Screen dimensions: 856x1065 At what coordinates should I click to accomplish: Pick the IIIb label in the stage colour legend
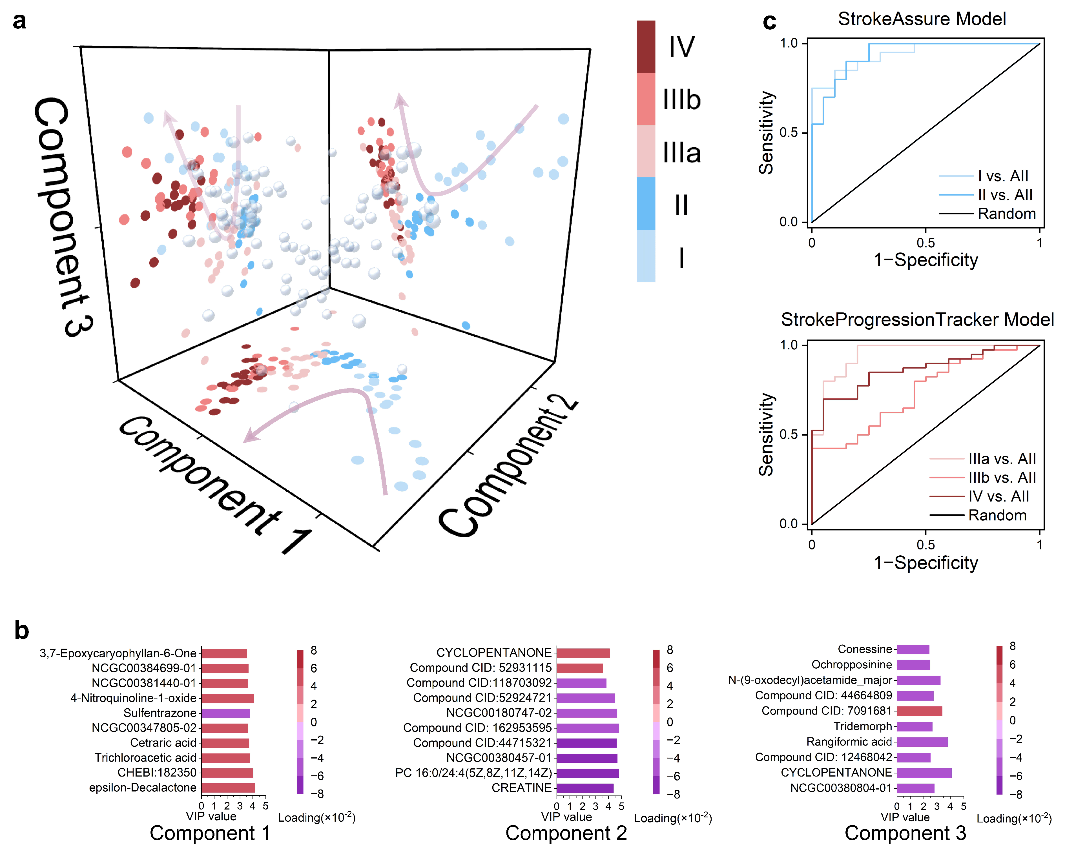682,100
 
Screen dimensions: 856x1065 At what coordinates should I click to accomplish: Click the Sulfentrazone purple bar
225,713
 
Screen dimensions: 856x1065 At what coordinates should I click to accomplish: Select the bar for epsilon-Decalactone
228,787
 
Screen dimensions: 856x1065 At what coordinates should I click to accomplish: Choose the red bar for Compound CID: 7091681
919,711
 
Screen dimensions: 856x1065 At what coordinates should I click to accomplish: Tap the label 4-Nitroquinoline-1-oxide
133,698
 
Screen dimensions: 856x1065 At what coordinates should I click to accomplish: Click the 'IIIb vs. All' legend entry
1002,477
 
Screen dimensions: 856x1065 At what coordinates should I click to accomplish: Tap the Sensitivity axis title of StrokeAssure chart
766,132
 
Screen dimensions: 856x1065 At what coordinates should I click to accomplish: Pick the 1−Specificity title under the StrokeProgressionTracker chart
925,563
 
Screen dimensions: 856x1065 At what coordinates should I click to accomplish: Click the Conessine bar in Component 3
913,649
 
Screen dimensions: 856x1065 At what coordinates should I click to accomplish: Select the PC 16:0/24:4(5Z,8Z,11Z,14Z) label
473,773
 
